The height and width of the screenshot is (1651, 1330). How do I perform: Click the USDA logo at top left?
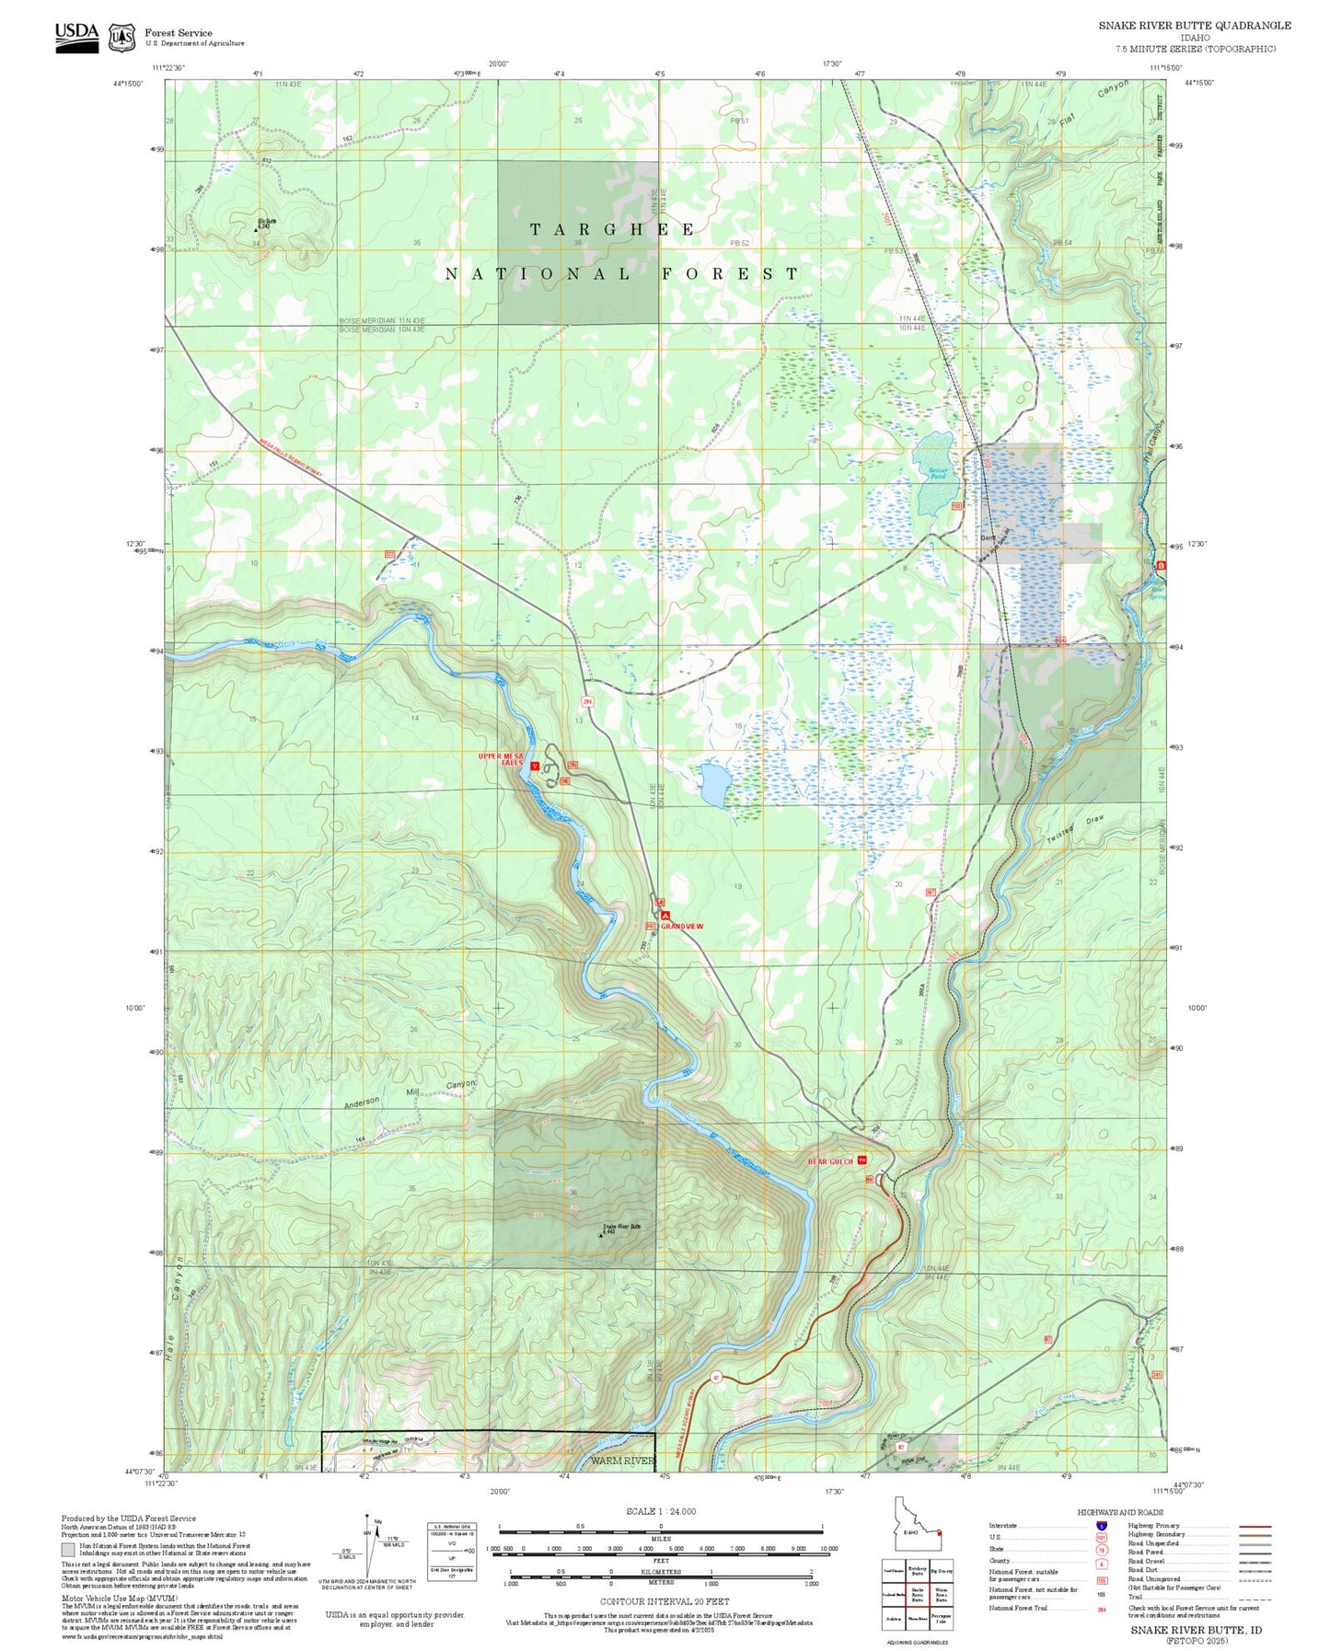pyautogui.click(x=76, y=36)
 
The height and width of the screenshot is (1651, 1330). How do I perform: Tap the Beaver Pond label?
pyautogui.click(x=937, y=473)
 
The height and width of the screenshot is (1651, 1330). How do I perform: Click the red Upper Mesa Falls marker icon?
pyautogui.click(x=535, y=766)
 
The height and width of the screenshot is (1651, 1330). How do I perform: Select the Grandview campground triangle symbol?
pyautogui.click(x=665, y=917)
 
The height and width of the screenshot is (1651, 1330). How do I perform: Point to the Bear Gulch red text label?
pyautogui.click(x=830, y=1161)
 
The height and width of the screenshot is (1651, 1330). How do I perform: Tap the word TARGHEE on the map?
pyautogui.click(x=612, y=230)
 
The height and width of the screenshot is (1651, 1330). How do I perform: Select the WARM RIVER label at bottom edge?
pyautogui.click(x=622, y=1460)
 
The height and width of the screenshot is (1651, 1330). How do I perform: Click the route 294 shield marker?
pyautogui.click(x=586, y=701)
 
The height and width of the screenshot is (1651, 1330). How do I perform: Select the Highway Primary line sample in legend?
pyautogui.click(x=1255, y=1526)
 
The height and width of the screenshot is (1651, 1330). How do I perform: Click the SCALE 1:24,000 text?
pyautogui.click(x=661, y=1511)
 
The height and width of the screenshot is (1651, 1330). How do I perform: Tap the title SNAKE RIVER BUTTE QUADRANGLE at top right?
pyautogui.click(x=1194, y=26)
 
